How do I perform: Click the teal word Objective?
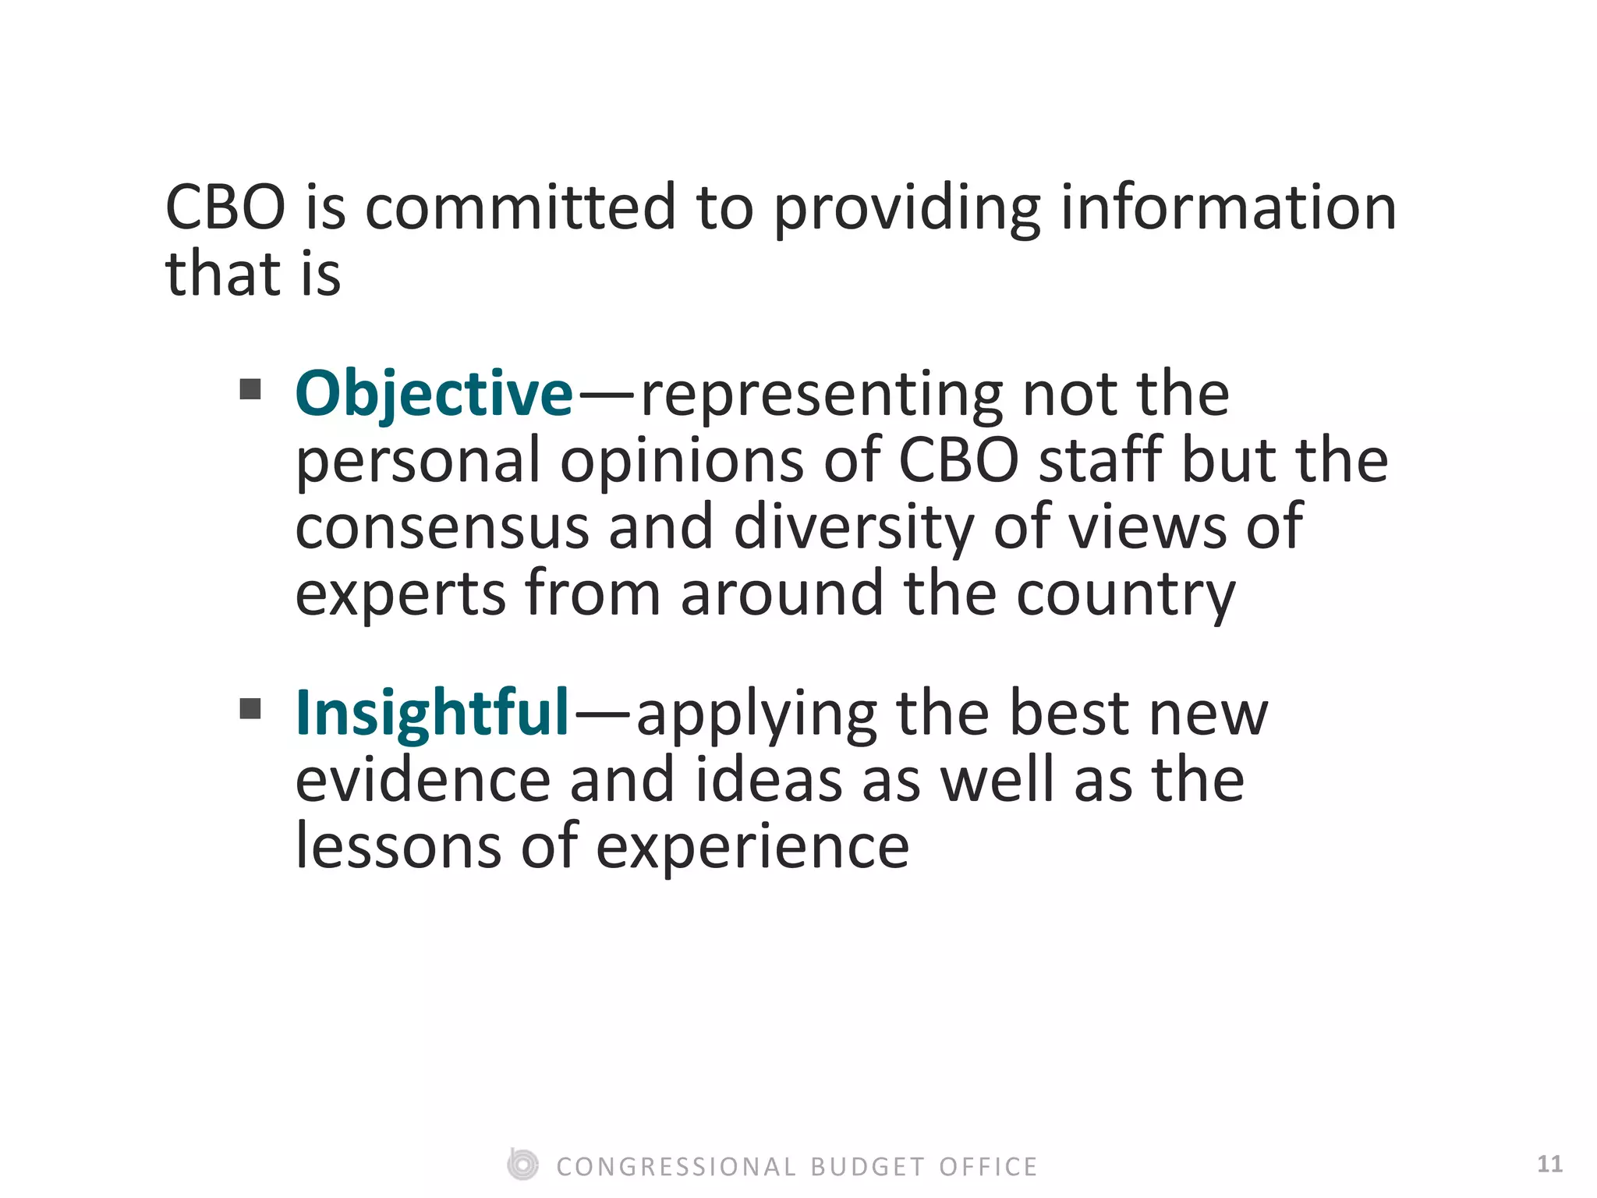tap(434, 394)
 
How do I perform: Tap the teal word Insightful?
tap(432, 713)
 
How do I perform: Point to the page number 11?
tap(1549, 1164)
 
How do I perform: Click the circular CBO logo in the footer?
tap(522, 1165)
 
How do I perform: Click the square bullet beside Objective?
tap(250, 388)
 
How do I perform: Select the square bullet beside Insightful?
tap(250, 709)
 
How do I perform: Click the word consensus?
tap(441, 527)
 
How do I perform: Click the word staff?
tap(1100, 460)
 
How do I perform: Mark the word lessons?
tap(398, 847)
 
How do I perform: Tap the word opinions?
tap(682, 462)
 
